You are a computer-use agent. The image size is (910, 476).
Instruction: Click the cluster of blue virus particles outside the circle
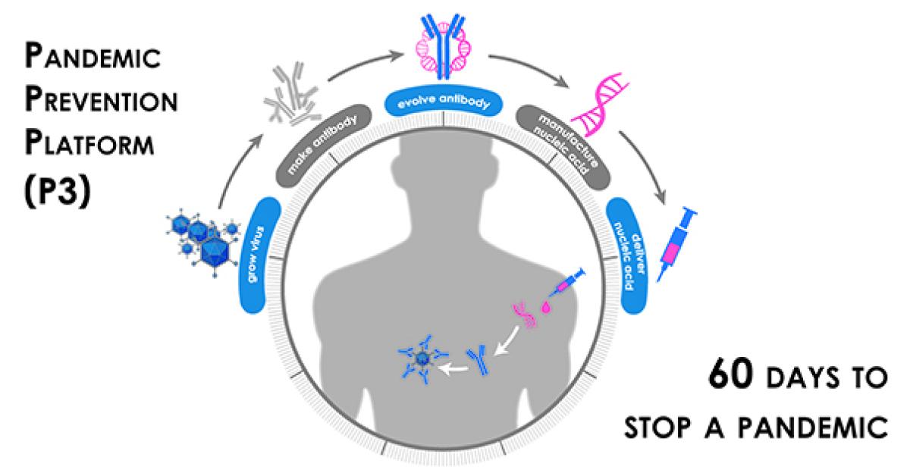(199, 236)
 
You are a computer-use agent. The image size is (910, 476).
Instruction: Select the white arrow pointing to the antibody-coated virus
(456, 368)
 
